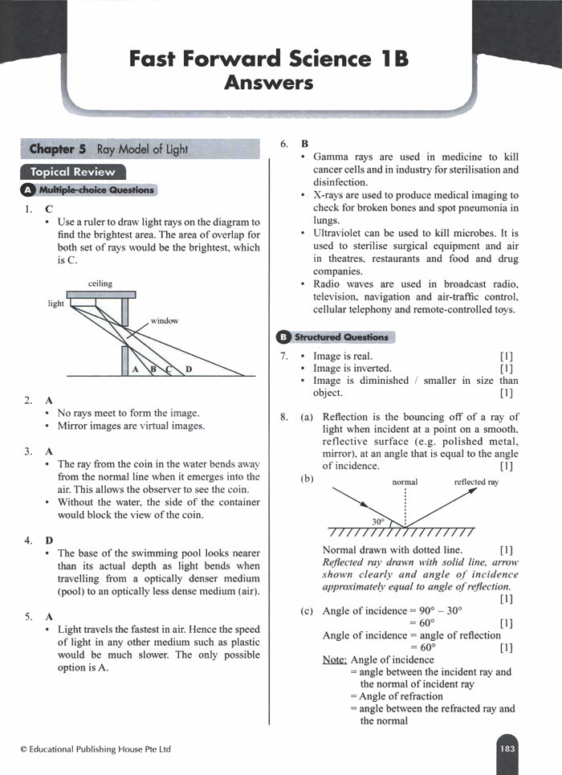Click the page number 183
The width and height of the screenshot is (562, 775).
(x=507, y=748)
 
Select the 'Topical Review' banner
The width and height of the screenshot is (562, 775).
(x=72, y=172)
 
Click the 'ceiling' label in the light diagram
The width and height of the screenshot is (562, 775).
(x=100, y=283)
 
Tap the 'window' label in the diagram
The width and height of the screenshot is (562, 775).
(x=164, y=320)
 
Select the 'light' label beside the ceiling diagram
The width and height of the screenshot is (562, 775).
(x=55, y=304)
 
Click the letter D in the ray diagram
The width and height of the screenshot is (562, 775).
(x=189, y=369)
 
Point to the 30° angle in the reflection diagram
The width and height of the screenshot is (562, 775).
(x=378, y=521)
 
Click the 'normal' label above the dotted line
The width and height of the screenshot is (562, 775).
(x=405, y=482)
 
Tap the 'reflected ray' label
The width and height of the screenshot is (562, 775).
(x=476, y=482)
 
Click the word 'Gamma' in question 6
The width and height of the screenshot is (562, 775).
(x=330, y=157)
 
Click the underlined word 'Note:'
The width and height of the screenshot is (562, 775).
(x=335, y=659)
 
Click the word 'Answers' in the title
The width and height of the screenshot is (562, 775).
(x=269, y=83)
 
